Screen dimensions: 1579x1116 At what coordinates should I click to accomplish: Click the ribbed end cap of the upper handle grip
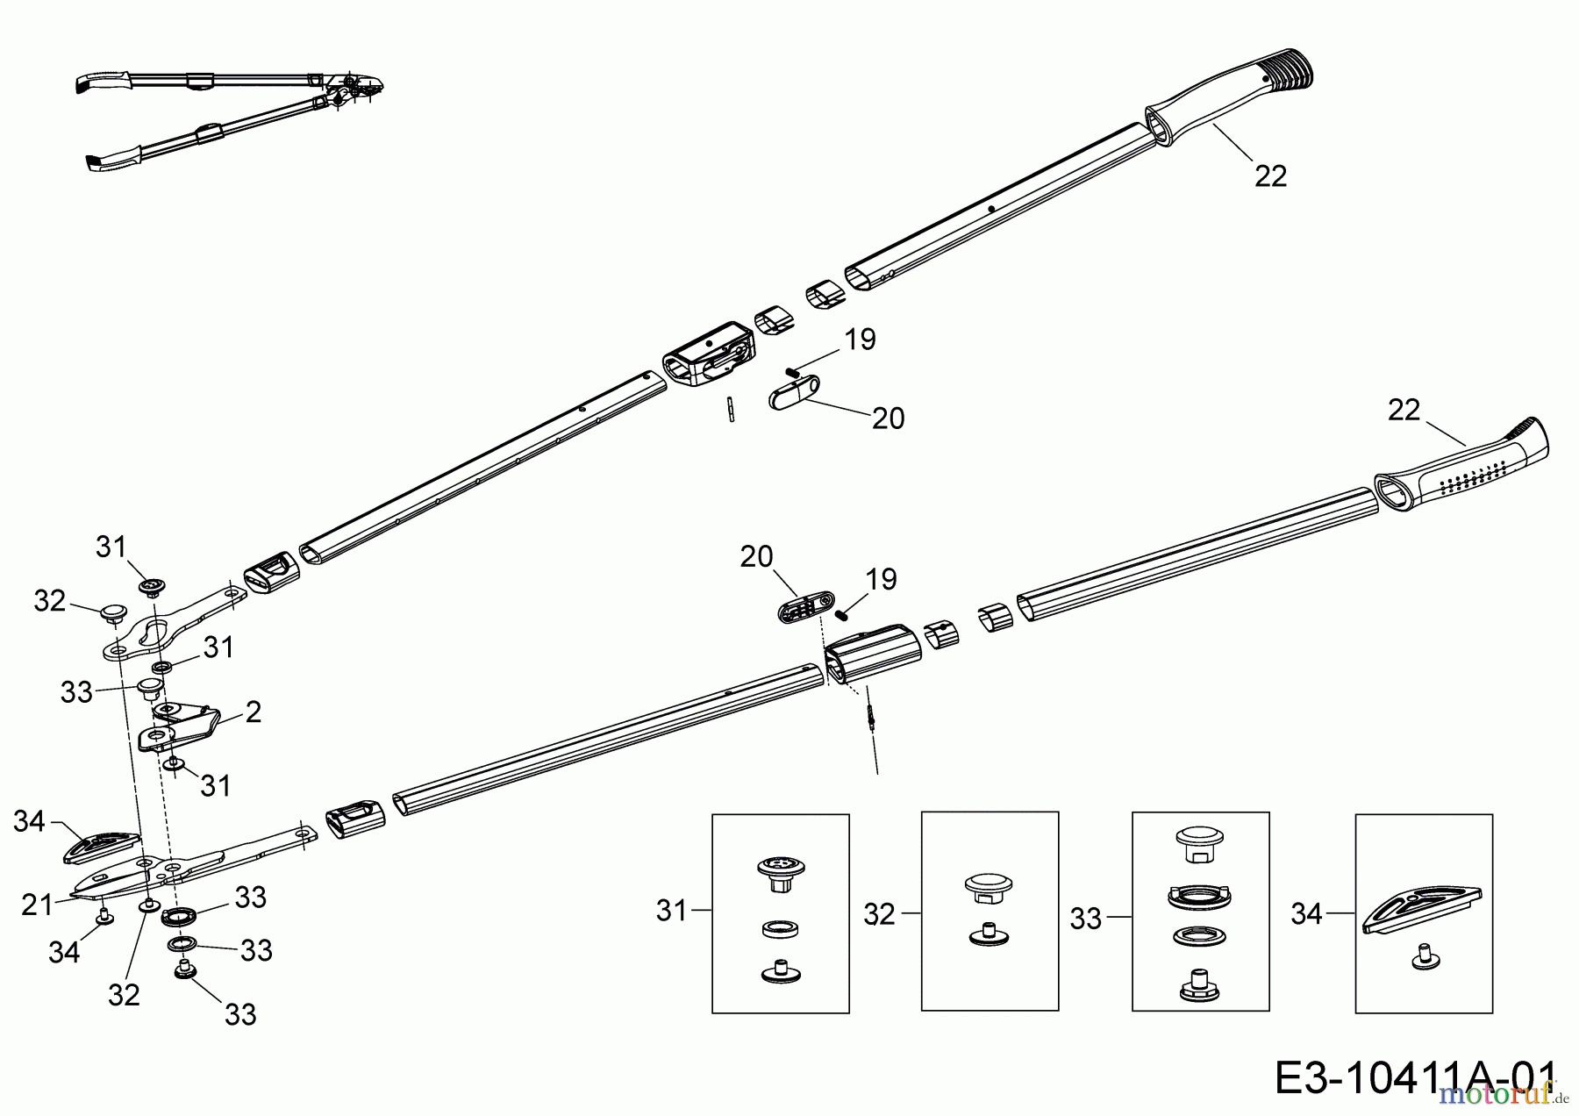coord(1286,69)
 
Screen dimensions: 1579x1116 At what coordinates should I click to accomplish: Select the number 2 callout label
coord(254,712)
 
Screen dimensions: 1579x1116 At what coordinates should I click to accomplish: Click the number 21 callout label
coord(38,905)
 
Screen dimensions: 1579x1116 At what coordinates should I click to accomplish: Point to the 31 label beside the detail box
coord(672,912)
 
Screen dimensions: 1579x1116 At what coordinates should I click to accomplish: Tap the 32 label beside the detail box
coord(880,914)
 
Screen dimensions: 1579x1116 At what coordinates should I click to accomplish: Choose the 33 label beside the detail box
coord(1087,919)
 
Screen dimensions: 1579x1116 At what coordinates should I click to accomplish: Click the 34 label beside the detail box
coord(1307,914)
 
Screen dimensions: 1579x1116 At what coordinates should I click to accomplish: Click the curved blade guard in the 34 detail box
coord(1421,908)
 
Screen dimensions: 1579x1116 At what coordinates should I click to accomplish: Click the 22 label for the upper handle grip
coord(1271,176)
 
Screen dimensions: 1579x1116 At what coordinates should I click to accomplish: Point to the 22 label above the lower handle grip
coord(1404,410)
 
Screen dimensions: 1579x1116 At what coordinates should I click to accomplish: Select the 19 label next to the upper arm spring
coord(860,340)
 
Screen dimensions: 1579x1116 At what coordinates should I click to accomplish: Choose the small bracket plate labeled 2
coord(180,725)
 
